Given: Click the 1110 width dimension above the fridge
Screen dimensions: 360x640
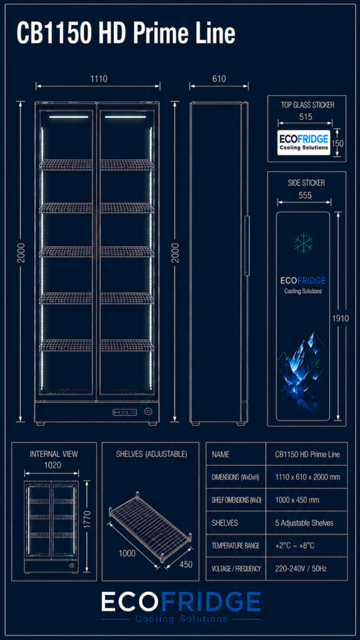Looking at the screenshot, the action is pyautogui.click(x=99, y=79).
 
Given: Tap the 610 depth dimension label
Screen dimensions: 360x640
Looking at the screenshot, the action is pyautogui.click(x=219, y=79).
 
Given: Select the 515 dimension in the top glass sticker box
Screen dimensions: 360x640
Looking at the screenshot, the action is pyautogui.click(x=306, y=117).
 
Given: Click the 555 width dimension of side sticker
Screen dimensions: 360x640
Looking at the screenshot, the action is pyautogui.click(x=305, y=196).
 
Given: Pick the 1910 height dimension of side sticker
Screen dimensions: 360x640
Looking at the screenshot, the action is pyautogui.click(x=341, y=318).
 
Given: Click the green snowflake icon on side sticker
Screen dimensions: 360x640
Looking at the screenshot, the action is pyautogui.click(x=304, y=243).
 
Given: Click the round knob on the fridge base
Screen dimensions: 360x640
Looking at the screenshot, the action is pyautogui.click(x=148, y=411).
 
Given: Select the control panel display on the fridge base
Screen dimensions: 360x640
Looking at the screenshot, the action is pyautogui.click(x=125, y=412).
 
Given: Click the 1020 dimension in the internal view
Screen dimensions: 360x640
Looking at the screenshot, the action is pyautogui.click(x=52, y=465).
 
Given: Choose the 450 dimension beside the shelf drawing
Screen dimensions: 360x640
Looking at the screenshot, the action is pyautogui.click(x=185, y=564).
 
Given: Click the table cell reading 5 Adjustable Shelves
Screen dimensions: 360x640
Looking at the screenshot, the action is pyautogui.click(x=304, y=523).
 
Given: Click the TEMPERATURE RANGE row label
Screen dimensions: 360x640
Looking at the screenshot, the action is pyautogui.click(x=236, y=546).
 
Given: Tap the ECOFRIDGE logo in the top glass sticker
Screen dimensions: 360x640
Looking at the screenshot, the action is pyautogui.click(x=304, y=142).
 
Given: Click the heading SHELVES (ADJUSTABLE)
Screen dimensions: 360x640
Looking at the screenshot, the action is pyautogui.click(x=151, y=454).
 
